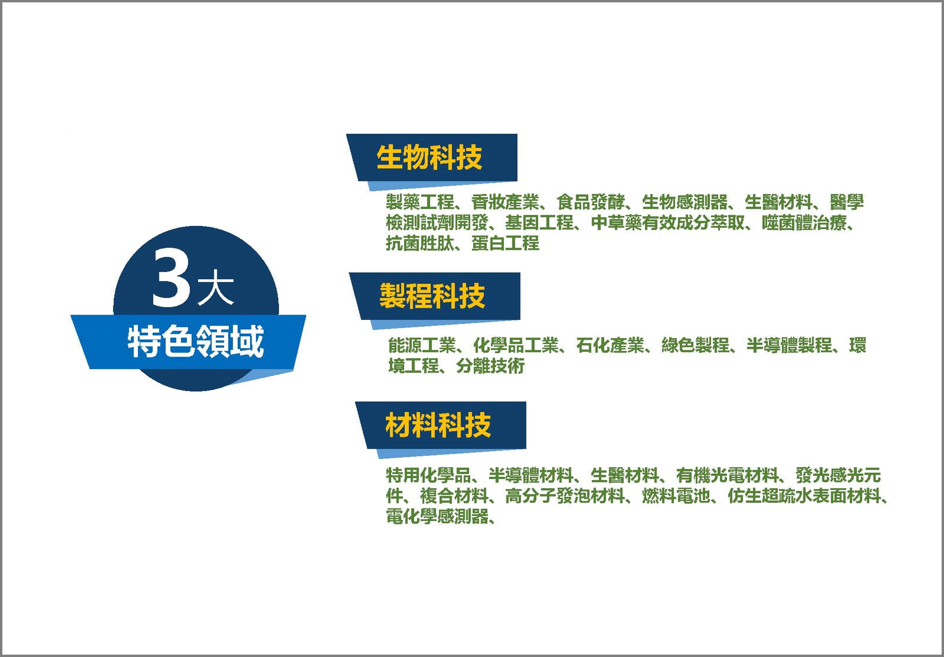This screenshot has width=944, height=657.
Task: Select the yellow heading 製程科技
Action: [432, 296]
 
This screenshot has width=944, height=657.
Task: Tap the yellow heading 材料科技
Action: [438, 425]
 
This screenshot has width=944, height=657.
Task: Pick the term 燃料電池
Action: [676, 496]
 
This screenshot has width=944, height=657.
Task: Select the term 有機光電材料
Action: [727, 475]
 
